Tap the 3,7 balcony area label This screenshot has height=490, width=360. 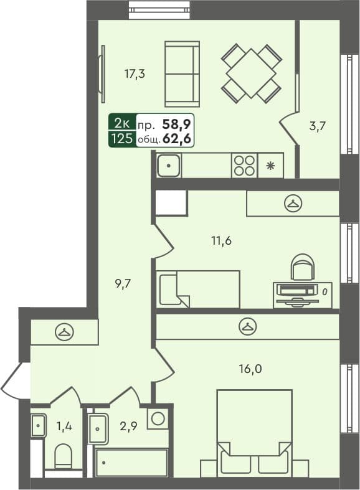click(x=318, y=125)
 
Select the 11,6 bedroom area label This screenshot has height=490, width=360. click(x=221, y=240)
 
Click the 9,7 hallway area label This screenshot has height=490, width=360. click(x=124, y=283)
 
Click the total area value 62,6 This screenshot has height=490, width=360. click(x=178, y=138)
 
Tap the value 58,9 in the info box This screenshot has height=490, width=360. click(x=178, y=123)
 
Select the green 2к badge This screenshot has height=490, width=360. click(x=121, y=123)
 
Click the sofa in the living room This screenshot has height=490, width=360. click(x=182, y=74)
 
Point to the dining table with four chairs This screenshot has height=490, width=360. click(x=251, y=73)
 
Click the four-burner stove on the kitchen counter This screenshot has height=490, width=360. click(x=244, y=166)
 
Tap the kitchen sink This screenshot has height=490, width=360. click(x=168, y=166)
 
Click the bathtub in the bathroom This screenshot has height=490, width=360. click(x=131, y=463)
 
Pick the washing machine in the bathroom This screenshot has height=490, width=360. click(x=158, y=418)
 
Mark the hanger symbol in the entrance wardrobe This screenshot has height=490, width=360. click(x=64, y=332)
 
